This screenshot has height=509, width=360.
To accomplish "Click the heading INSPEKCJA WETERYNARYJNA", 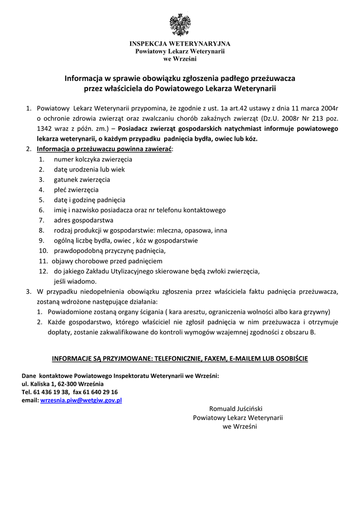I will [180, 44].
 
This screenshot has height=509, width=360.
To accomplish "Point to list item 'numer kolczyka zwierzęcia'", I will [93, 159].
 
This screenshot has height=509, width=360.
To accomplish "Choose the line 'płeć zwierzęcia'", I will [76, 189].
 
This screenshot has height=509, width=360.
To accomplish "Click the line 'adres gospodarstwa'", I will [84, 220].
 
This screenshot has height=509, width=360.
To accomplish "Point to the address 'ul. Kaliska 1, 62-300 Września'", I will [63, 384].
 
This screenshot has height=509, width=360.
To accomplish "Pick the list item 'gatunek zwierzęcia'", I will [82, 179].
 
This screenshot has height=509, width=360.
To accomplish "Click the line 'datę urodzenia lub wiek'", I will [90, 169].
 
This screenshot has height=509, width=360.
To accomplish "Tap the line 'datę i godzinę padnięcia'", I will [90, 200].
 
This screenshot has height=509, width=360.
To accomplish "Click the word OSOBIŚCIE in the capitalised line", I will [289, 358].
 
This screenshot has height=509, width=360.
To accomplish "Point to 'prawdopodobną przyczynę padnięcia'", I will [109, 251].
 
